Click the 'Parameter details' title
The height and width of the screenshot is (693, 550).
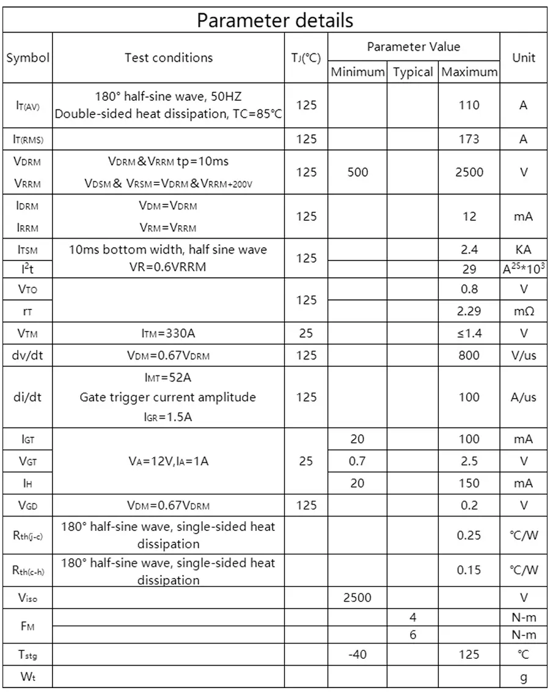pyautogui.click(x=274, y=20)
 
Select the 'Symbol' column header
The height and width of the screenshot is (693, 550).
pyautogui.click(x=28, y=58)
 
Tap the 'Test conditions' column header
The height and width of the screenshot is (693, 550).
pyautogui.click(x=169, y=58)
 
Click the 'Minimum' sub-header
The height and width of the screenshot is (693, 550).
pyautogui.click(x=358, y=72)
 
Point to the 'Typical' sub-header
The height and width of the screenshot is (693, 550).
pyautogui.click(x=413, y=72)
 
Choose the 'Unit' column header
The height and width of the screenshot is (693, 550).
pyautogui.click(x=524, y=58)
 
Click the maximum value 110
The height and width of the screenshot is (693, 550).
pyautogui.click(x=469, y=105)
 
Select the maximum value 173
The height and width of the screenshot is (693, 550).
pyautogui.click(x=469, y=139)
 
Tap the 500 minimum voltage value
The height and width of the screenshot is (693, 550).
pyautogui.click(x=358, y=172)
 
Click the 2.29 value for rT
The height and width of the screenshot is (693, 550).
pyautogui.click(x=469, y=311)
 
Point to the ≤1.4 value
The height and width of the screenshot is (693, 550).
pyautogui.click(x=469, y=333)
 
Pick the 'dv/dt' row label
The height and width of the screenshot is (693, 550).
pyautogui.click(x=28, y=355)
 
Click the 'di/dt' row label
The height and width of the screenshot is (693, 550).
pyautogui.click(x=28, y=398)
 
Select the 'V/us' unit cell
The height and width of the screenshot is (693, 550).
pyautogui.click(x=524, y=355)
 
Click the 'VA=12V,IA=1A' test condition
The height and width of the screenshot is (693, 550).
pyautogui.click(x=169, y=461)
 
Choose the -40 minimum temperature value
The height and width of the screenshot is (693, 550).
pyautogui.click(x=358, y=654)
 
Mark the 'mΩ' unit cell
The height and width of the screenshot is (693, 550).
pyautogui.click(x=524, y=311)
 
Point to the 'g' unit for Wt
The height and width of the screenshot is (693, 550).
pyautogui.click(x=524, y=677)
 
